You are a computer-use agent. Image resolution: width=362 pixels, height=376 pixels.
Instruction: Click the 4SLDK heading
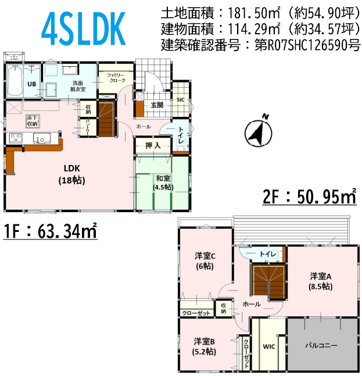(x=84, y=29)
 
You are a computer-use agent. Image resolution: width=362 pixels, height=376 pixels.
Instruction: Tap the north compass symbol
(x=259, y=132)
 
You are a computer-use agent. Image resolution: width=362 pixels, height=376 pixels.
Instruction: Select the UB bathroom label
(x=31, y=84)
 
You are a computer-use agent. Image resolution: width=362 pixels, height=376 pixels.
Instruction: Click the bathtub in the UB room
(x=15, y=81)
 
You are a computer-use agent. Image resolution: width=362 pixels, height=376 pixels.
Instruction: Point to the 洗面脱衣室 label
(x=78, y=86)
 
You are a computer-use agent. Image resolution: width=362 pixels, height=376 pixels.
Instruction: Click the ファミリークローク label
(x=116, y=78)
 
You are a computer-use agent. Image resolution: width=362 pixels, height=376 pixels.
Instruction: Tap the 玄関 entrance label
(x=157, y=105)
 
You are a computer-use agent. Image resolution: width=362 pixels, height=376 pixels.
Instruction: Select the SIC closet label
(x=181, y=100)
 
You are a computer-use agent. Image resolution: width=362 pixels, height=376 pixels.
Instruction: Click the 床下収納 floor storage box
(x=33, y=121)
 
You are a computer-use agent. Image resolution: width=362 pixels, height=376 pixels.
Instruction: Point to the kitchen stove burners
(x=16, y=138)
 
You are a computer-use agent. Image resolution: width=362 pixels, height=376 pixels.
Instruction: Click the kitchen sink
(x=42, y=138)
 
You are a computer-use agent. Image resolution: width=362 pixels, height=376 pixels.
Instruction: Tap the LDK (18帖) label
(x=71, y=174)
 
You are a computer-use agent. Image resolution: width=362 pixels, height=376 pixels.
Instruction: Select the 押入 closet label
(x=153, y=145)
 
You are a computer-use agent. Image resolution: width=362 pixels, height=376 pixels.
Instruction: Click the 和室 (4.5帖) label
(x=163, y=182)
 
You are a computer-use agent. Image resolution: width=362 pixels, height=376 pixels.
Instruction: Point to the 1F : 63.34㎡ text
(x=50, y=231)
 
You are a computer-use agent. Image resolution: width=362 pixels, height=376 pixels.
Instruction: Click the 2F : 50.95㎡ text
(x=310, y=196)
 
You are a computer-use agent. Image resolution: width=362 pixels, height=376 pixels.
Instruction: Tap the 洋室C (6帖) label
(x=205, y=261)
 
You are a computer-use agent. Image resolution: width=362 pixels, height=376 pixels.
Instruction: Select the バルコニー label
(x=321, y=345)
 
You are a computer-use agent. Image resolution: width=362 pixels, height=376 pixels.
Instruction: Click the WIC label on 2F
(x=269, y=346)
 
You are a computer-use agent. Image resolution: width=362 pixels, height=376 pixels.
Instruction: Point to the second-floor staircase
(x=269, y=281)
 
